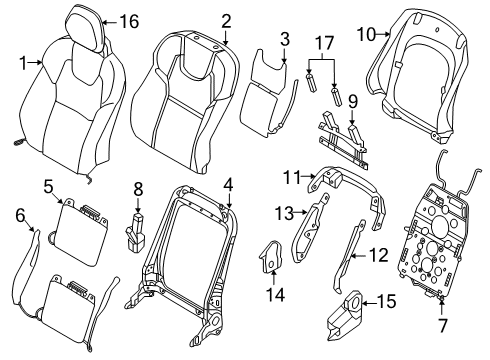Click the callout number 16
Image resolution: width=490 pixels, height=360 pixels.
pos(129,21)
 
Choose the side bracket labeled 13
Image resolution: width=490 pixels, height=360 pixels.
pos(309,234)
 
